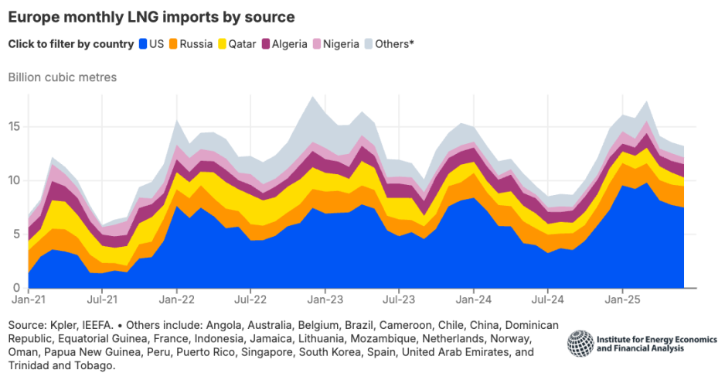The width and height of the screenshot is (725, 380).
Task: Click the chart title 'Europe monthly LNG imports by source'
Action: (151, 16)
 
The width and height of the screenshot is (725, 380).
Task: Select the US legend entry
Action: (151, 44)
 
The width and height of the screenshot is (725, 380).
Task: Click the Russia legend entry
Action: (190, 44)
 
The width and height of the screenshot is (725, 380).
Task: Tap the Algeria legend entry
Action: (284, 44)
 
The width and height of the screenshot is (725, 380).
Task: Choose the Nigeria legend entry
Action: (335, 44)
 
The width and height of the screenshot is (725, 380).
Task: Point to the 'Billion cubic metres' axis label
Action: (62, 77)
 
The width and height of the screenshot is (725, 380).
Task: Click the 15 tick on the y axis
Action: (15, 127)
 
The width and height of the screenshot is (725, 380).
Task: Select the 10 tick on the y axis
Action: (15, 180)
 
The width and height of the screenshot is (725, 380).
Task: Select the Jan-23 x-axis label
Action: (325, 298)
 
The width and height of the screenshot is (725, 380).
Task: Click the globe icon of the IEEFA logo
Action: (580, 343)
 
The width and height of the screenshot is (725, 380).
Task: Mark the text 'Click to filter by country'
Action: (70, 44)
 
